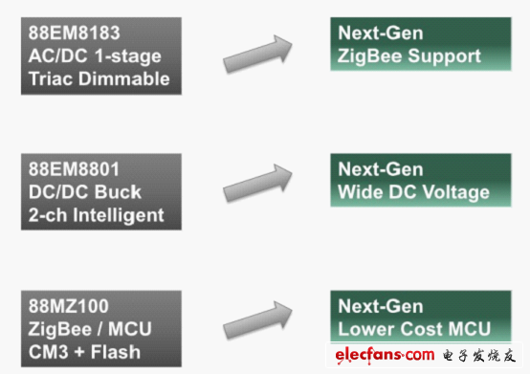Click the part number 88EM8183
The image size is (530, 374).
tap(74, 33)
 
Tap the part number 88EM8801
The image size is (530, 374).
tap(74, 169)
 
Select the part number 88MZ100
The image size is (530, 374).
tap(68, 306)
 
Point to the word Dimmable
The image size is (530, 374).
tap(124, 78)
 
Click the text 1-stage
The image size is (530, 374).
tap(128, 56)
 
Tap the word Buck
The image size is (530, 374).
tap(118, 192)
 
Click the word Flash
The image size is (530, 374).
tap(115, 352)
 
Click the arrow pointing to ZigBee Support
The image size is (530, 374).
tap(257, 54)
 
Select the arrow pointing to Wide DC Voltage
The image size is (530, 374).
tap(257, 183)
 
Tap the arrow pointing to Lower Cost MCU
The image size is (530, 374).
tap(257, 319)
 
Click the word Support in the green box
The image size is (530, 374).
tap(444, 56)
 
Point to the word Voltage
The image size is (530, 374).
tap(456, 192)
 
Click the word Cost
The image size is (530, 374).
tap(419, 329)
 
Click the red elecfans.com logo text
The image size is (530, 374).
tap(385, 356)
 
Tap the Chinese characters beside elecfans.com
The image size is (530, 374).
tap(479, 356)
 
